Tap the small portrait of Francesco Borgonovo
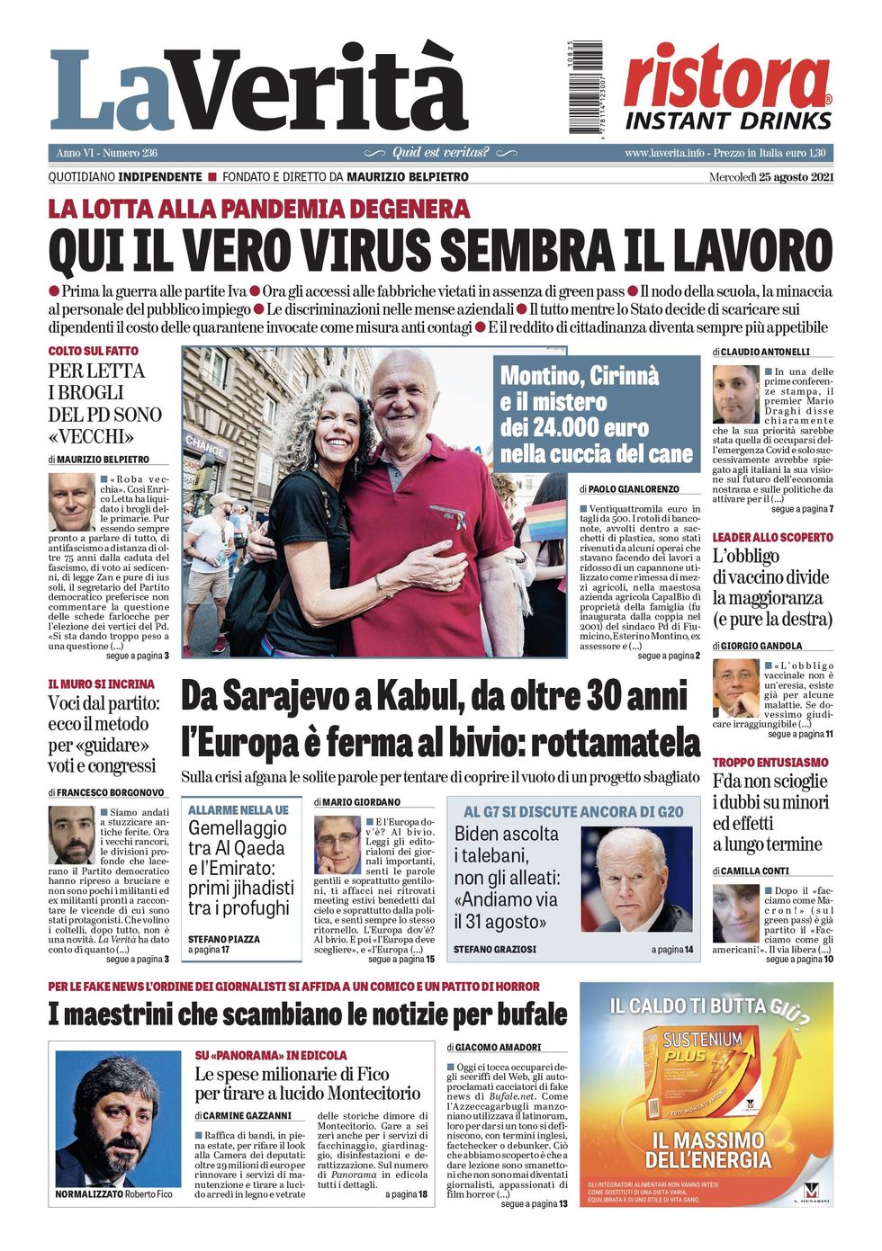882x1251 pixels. pos(71,835)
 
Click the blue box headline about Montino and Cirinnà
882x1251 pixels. pos(596,414)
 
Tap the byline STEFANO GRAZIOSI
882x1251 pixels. pos(494,950)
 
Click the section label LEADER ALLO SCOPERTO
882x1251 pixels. pos(772,537)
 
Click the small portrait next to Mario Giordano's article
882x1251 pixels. pos(337,844)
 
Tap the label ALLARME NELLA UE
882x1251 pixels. pos(238,810)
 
